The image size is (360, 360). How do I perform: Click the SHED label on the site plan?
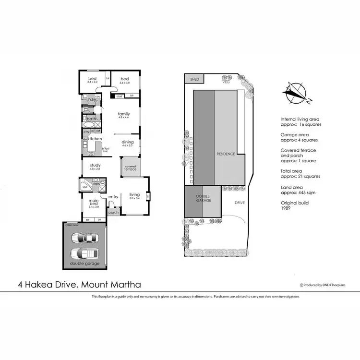pyautogui.click(x=194, y=79)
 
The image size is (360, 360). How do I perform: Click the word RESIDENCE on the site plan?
pyautogui.click(x=226, y=154)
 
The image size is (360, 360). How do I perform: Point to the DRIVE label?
pyautogui.click(x=240, y=203)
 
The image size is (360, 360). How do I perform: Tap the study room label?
pyautogui.click(x=94, y=166)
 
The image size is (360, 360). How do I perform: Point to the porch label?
pyautogui.click(x=114, y=212)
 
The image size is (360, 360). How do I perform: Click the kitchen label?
pyautogui.click(x=95, y=139)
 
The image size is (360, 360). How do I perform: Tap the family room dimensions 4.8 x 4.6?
pyautogui.click(x=124, y=117)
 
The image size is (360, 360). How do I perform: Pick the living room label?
pyautogui.click(x=134, y=194)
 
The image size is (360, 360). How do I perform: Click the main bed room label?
pyautogui.click(x=94, y=204)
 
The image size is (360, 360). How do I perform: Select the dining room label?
pyautogui.click(x=128, y=142)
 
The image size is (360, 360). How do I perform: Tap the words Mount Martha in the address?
pyautogui.click(x=111, y=284)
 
